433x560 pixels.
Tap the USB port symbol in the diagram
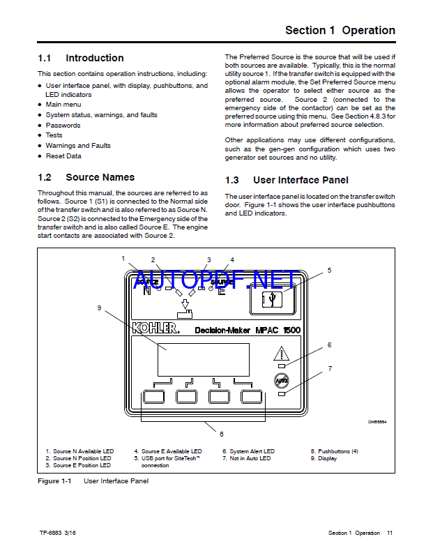272,300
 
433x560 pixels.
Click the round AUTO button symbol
280,381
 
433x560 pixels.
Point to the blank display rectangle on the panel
203,360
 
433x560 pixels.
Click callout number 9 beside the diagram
100,308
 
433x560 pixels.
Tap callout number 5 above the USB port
329,270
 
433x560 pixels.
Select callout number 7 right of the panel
330,368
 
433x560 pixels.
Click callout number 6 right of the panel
329,345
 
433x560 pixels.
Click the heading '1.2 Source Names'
86,177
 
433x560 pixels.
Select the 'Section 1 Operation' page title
340,30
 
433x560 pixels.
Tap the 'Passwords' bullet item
63,126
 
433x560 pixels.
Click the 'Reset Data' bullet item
63,156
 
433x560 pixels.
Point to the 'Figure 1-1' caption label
54,481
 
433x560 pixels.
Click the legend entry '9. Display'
324,458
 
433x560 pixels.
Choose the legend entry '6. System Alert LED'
248,451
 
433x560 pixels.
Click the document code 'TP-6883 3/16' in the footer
59,533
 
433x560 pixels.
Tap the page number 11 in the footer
390,533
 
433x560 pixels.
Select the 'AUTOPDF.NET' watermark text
215,280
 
